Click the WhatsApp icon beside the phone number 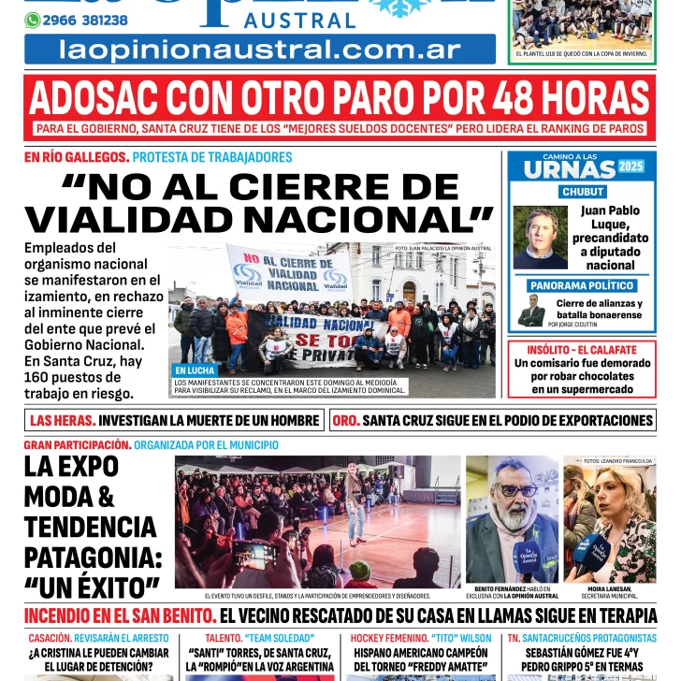coord(33,20)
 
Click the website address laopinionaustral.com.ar coord(259,51)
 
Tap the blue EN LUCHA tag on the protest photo coord(195,370)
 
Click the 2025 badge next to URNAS coord(631,167)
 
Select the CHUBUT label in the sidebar coord(582,192)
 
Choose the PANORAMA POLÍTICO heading coord(582,285)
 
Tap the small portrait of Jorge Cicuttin coord(531,311)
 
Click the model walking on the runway coord(355,500)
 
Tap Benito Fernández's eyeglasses coord(515,489)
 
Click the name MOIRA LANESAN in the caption coord(609,588)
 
